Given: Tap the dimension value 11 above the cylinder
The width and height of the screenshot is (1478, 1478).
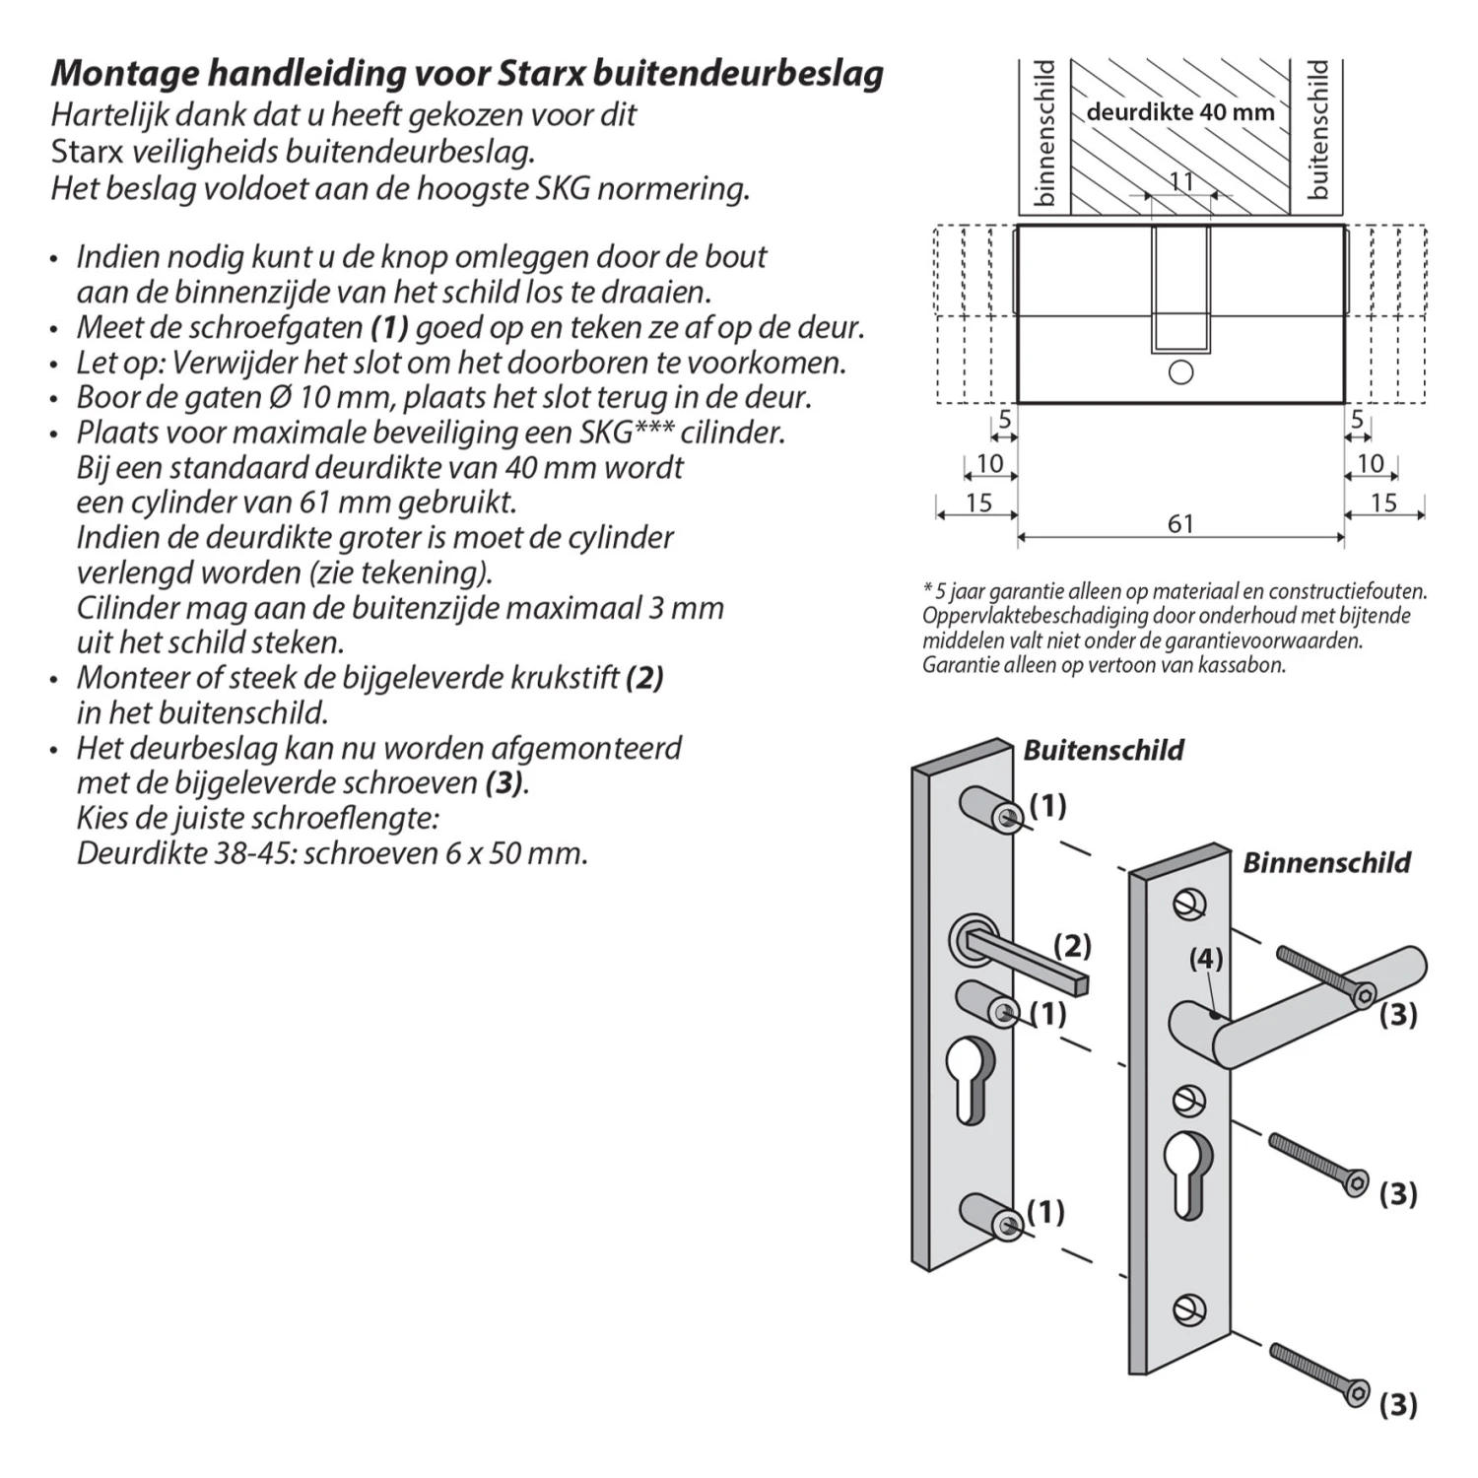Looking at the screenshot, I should [x=1181, y=181].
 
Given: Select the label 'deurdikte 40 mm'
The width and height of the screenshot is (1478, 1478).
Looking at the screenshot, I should [x=1180, y=111].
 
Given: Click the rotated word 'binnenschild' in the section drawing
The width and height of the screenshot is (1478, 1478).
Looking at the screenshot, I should [x=1045, y=134].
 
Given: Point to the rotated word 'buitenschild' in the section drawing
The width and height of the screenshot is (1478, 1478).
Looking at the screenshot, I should [x=1318, y=129].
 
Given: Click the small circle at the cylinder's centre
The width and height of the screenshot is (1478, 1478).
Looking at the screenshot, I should [x=1180, y=372].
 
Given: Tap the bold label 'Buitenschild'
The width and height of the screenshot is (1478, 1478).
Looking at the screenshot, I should [x=1104, y=750].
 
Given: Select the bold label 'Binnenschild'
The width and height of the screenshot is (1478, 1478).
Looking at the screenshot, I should [x=1326, y=862].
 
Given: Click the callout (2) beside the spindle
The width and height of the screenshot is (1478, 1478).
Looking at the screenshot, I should [x=1072, y=946].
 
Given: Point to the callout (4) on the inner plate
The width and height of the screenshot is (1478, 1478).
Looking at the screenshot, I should [x=1205, y=958].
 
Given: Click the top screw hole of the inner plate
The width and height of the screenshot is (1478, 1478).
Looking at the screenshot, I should [x=1189, y=904].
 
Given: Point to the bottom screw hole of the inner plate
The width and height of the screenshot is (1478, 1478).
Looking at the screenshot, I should [x=1189, y=1309].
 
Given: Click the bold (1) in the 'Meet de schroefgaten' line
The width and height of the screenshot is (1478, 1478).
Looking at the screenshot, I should [x=389, y=327].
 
